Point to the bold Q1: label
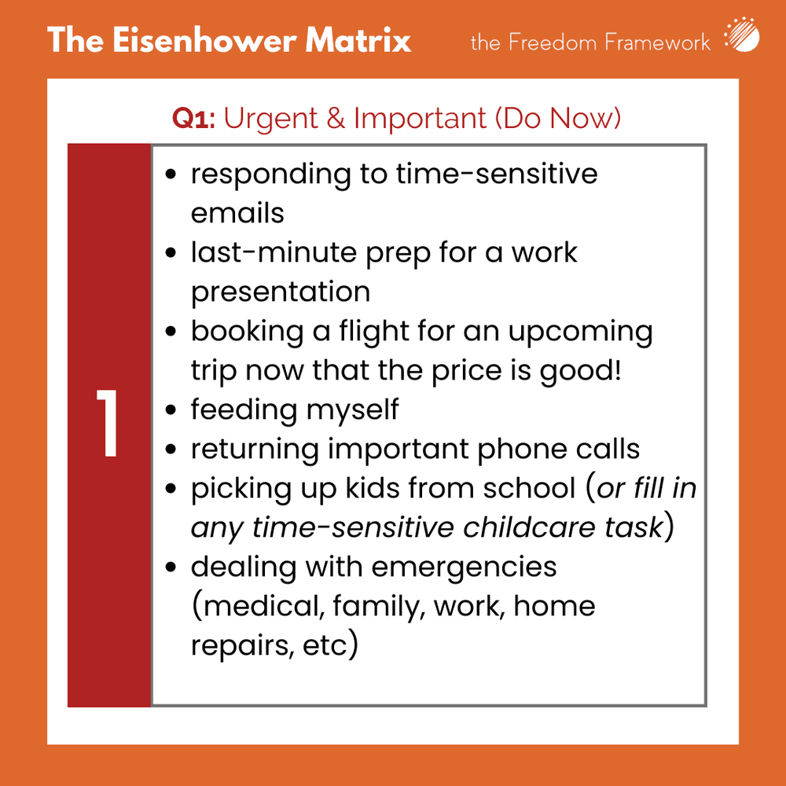(195, 119)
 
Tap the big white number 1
(108, 425)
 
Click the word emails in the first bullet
(237, 213)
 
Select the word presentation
(281, 292)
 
